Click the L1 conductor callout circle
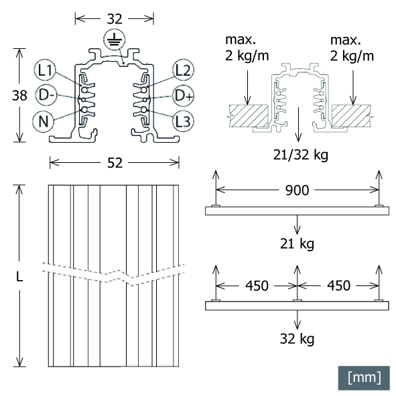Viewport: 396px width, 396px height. (x=46, y=70)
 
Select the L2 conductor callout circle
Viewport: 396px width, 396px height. (x=183, y=70)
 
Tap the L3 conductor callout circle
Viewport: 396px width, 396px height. (x=183, y=121)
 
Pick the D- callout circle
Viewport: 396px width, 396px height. (x=46, y=95)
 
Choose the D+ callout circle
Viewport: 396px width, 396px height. (x=184, y=95)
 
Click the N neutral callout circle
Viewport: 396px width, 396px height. (x=44, y=121)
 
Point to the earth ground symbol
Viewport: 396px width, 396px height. (x=115, y=40)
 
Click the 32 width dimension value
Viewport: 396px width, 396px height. (x=115, y=19)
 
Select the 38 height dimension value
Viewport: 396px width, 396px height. (x=19, y=95)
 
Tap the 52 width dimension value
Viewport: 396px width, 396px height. (x=115, y=163)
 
